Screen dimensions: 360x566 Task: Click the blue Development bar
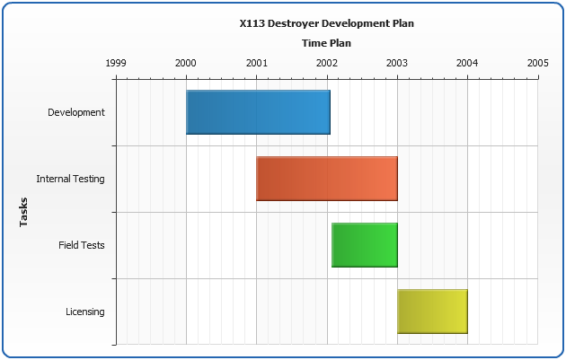click(x=258, y=112)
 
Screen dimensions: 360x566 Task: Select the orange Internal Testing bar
click(x=327, y=178)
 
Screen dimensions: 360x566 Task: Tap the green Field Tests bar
click(x=365, y=244)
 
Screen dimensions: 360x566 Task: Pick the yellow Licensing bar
click(x=432, y=311)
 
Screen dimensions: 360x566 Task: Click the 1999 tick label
click(x=116, y=63)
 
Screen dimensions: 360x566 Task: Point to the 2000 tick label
click(x=186, y=63)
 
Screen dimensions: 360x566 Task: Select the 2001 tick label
click(x=256, y=63)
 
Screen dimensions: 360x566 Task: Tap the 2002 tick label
click(x=327, y=63)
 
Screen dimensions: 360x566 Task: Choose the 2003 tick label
click(x=397, y=63)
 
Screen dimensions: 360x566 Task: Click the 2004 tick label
click(x=467, y=63)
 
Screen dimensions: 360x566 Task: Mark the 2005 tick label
click(x=537, y=63)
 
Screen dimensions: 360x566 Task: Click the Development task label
click(x=76, y=112)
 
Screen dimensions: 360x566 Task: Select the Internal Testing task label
click(x=70, y=179)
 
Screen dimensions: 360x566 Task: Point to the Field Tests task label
click(x=82, y=245)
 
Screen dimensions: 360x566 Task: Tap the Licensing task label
click(x=85, y=312)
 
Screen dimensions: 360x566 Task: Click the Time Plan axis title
click(x=326, y=42)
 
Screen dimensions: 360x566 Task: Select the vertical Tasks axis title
click(x=24, y=212)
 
